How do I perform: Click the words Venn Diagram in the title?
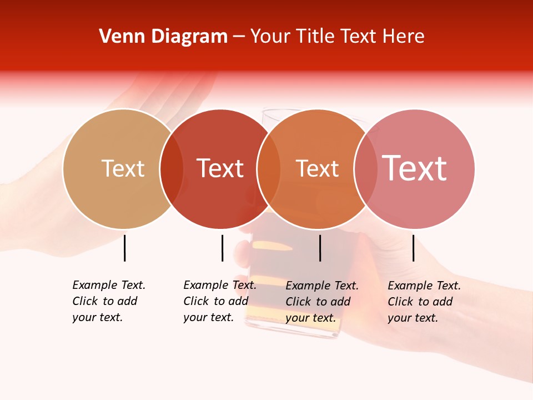(x=163, y=37)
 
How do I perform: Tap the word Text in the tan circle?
(x=123, y=168)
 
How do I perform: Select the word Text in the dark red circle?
(x=220, y=168)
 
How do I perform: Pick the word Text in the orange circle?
(x=317, y=168)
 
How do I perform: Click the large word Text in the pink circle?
(x=414, y=168)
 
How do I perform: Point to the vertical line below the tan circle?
(x=124, y=248)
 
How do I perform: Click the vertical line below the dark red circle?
(x=222, y=248)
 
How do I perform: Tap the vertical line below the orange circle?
(x=320, y=248)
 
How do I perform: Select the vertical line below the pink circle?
(x=413, y=248)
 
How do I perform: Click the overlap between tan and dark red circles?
(x=172, y=169)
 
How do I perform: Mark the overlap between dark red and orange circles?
(x=269, y=169)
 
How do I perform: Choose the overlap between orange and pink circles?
(x=366, y=169)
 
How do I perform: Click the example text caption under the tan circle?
(x=108, y=301)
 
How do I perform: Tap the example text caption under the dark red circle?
(x=219, y=301)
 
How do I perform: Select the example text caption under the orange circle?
(x=321, y=302)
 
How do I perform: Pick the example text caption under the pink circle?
(x=424, y=302)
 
